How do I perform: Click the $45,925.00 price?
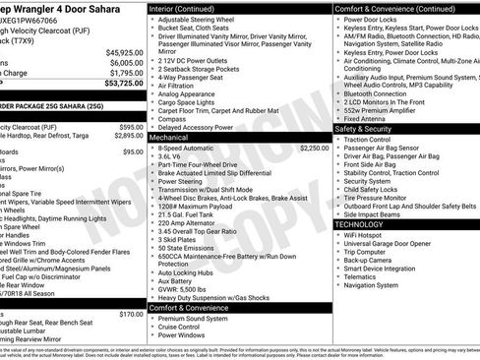pos(125,51)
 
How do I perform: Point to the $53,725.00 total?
pos(124,84)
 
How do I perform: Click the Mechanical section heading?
pos(175,138)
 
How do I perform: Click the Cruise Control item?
pos(182,327)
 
